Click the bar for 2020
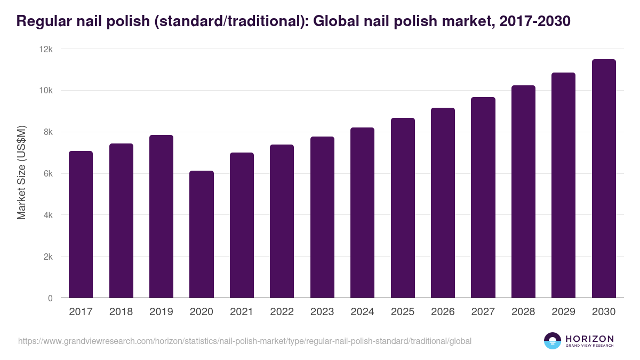[x=202, y=234]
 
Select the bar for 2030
[x=604, y=179]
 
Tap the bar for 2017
[x=81, y=225]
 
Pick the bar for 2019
[x=161, y=217]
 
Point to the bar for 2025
[x=403, y=208]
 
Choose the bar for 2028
[x=523, y=191]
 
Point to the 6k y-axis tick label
[x=48, y=174]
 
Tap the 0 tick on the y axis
[x=50, y=298]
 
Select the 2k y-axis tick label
[x=48, y=257]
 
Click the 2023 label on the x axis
[x=322, y=312]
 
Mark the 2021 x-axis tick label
[x=242, y=312]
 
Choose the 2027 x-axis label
[x=483, y=312]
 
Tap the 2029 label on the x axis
[x=563, y=312]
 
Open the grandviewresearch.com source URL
[x=245, y=341]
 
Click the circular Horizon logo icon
[x=553, y=341]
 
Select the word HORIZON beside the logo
[x=589, y=338]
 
